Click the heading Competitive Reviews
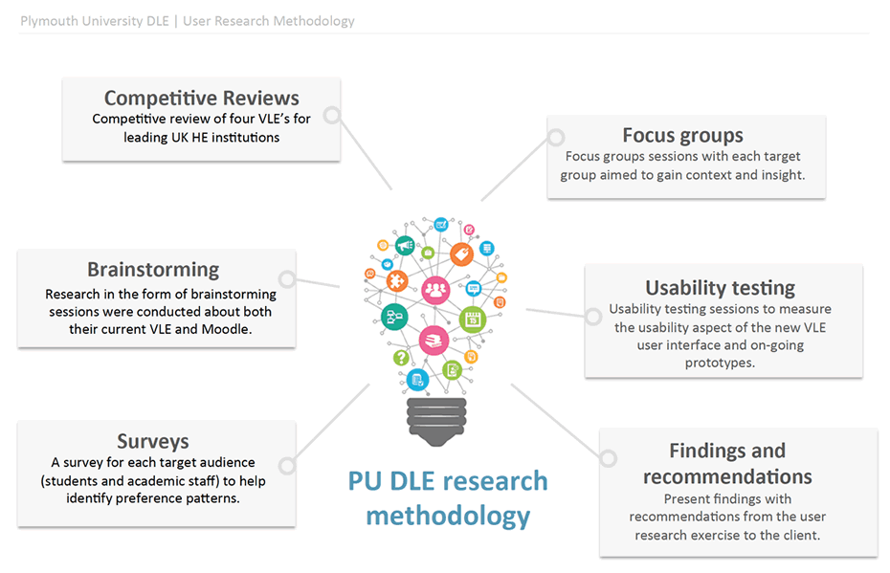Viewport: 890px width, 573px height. click(201, 98)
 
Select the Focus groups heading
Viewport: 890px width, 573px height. click(682, 135)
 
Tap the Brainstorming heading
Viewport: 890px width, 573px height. click(153, 270)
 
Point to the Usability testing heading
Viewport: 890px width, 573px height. click(720, 287)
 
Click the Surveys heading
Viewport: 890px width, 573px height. click(153, 441)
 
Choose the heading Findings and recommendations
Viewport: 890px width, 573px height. click(727, 463)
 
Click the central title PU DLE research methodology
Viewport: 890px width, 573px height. click(448, 497)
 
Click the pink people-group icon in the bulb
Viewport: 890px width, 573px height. click(435, 287)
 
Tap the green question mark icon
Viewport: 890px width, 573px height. click(401, 358)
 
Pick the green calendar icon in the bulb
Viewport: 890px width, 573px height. click(472, 319)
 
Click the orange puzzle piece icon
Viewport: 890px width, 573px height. click(398, 282)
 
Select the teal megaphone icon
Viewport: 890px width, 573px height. click(405, 246)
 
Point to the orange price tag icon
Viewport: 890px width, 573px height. click(461, 253)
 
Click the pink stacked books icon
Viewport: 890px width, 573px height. click(434, 340)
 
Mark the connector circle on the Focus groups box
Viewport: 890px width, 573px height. click(556, 139)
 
